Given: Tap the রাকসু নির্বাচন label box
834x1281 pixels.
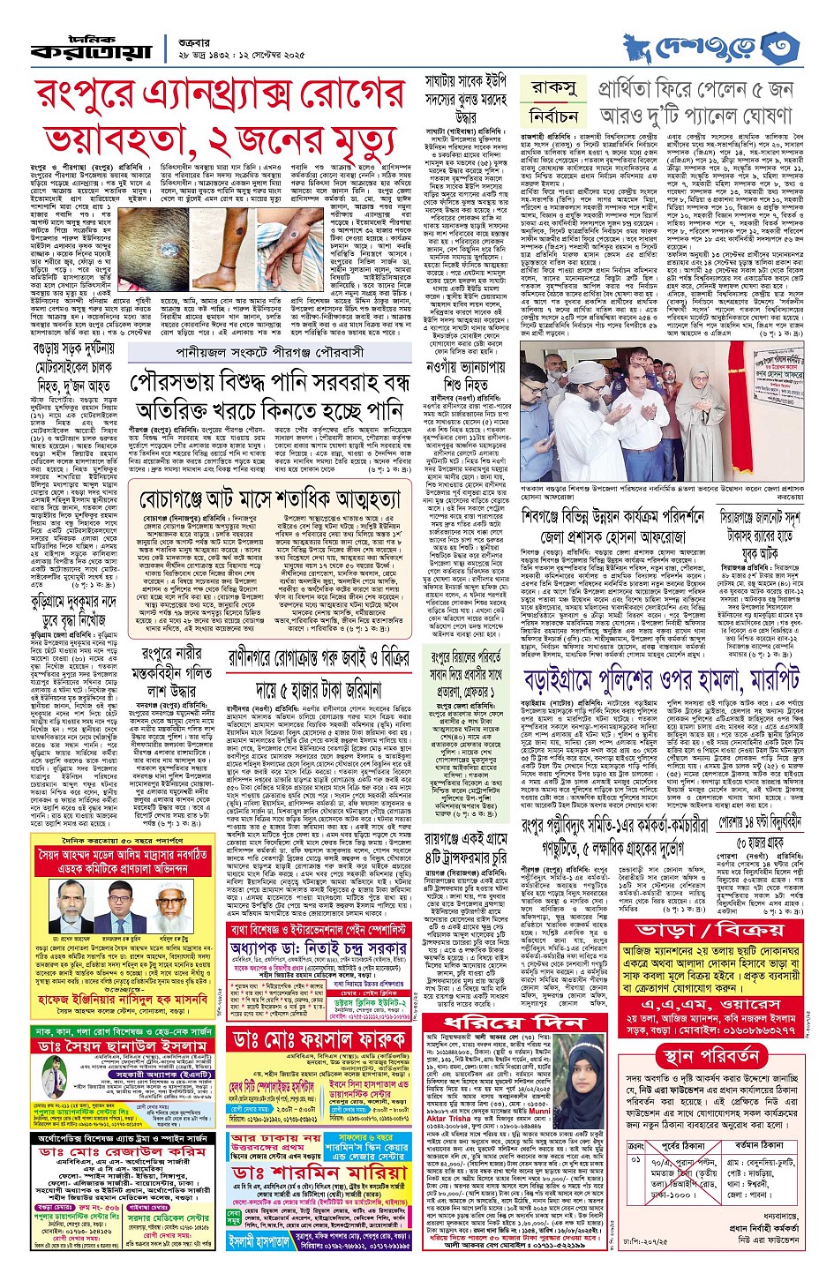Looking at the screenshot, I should (x=554, y=102).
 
